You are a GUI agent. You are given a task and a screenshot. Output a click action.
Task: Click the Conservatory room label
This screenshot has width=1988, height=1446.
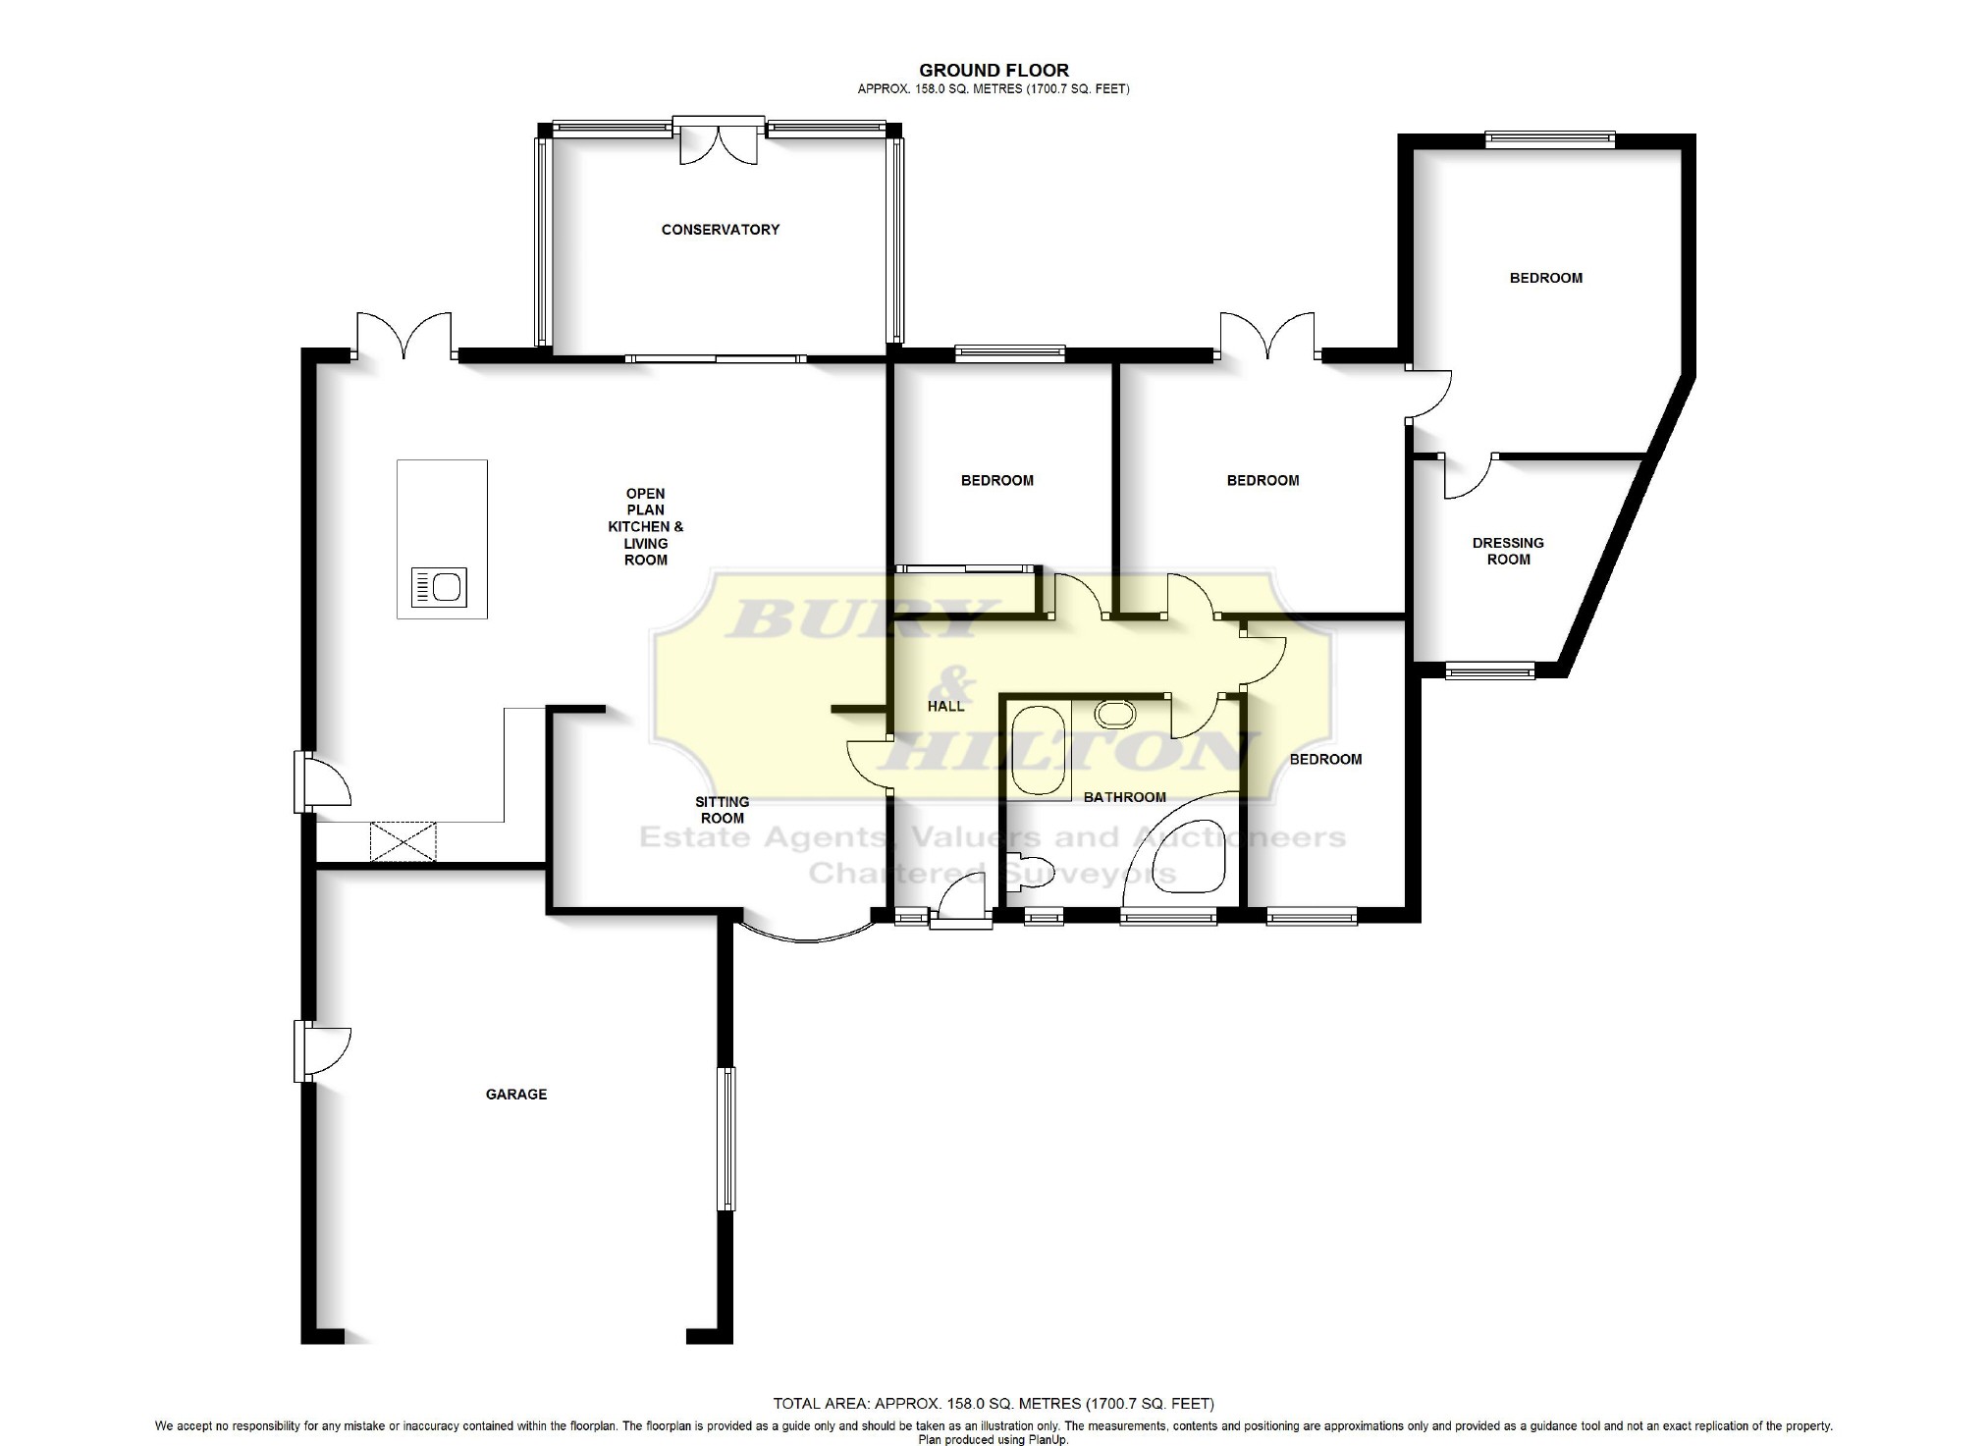(x=720, y=230)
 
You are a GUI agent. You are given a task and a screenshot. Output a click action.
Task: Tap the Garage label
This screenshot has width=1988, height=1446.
(x=516, y=1095)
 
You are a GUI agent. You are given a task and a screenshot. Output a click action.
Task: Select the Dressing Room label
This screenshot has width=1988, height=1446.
(x=1508, y=551)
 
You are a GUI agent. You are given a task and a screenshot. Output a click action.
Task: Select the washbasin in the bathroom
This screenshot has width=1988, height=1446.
(x=1115, y=714)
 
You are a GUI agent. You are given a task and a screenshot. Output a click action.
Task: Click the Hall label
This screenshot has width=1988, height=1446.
(x=946, y=706)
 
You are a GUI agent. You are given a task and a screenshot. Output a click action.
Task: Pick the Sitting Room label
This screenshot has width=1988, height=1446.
(x=723, y=810)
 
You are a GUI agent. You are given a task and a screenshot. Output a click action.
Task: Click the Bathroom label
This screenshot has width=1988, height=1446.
(x=1125, y=797)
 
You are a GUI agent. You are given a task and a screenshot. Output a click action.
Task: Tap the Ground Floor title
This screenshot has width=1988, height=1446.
(x=994, y=70)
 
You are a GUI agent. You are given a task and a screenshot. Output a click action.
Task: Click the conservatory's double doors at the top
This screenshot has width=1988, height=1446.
(x=719, y=139)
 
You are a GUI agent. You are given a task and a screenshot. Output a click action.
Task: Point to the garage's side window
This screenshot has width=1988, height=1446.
(x=726, y=1139)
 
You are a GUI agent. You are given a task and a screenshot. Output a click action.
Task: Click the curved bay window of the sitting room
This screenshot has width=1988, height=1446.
(x=806, y=936)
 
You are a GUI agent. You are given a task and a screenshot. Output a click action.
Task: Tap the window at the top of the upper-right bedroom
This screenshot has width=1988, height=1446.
(x=1550, y=140)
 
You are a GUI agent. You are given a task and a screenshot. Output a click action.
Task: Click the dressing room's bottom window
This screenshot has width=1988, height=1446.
(x=1490, y=670)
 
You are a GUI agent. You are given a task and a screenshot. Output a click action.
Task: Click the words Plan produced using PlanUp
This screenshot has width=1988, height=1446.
(x=993, y=1440)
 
